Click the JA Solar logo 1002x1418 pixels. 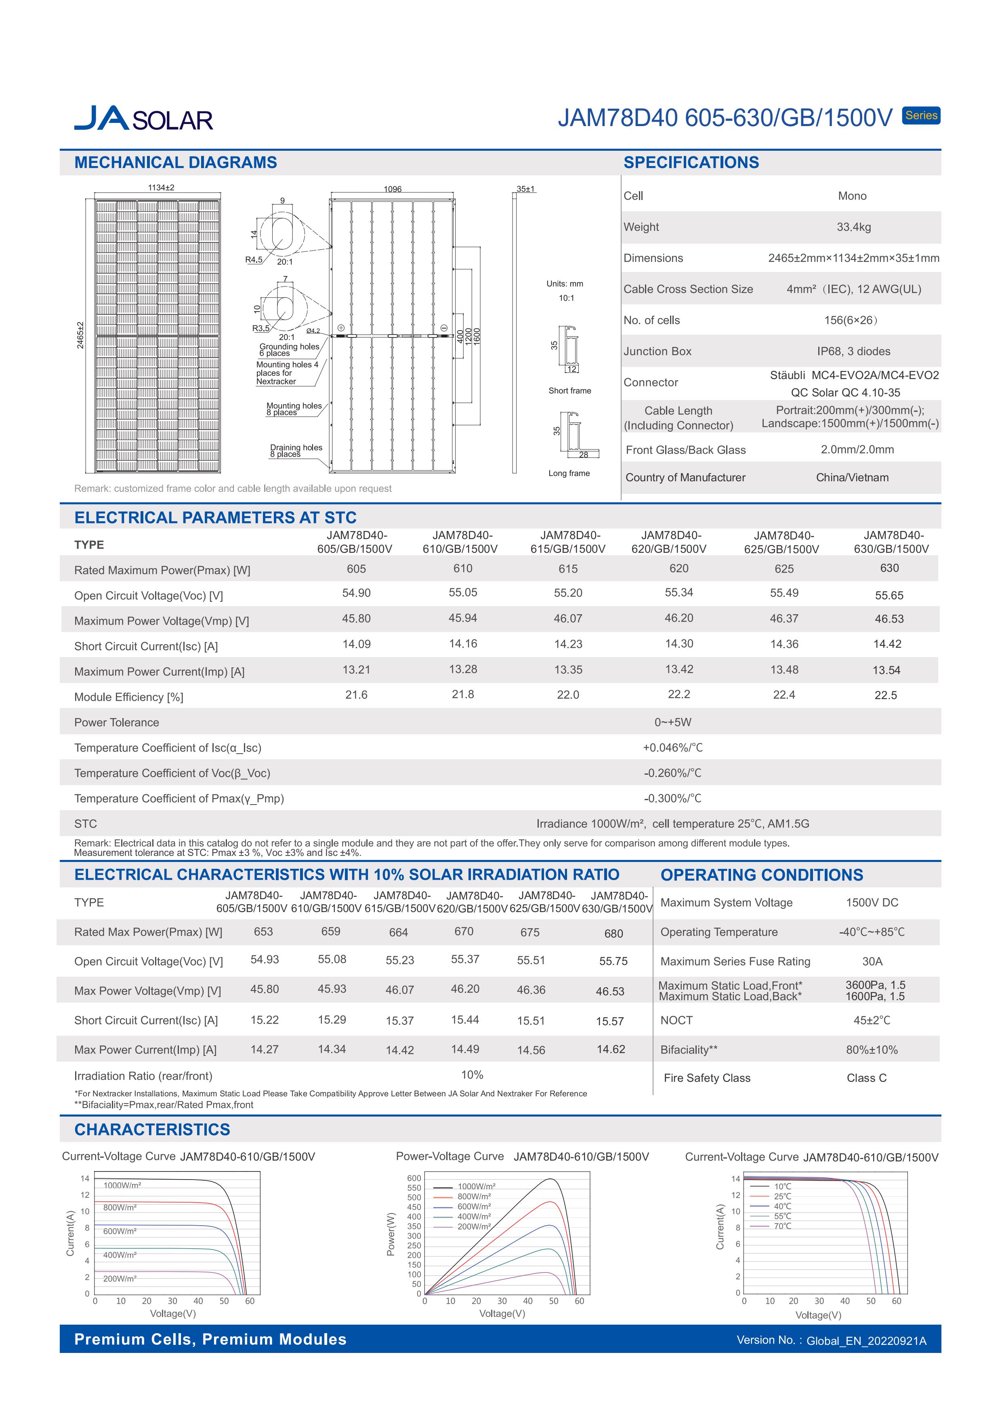point(143,118)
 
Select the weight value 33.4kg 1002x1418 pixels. point(853,227)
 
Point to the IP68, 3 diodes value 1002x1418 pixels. point(853,352)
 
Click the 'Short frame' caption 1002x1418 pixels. point(569,391)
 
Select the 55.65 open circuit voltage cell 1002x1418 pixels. point(889,595)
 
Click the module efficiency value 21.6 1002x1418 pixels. point(356,695)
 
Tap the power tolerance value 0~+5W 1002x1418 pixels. point(672,722)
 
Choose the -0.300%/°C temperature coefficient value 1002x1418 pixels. point(672,799)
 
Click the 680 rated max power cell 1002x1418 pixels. point(613,933)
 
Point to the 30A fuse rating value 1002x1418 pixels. point(872,962)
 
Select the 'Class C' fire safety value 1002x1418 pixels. point(866,1078)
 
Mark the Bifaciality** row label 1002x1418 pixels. point(688,1050)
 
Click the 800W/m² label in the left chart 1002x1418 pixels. point(120,1207)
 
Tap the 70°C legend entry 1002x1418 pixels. point(782,1226)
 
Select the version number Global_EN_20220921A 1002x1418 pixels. point(865,1341)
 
